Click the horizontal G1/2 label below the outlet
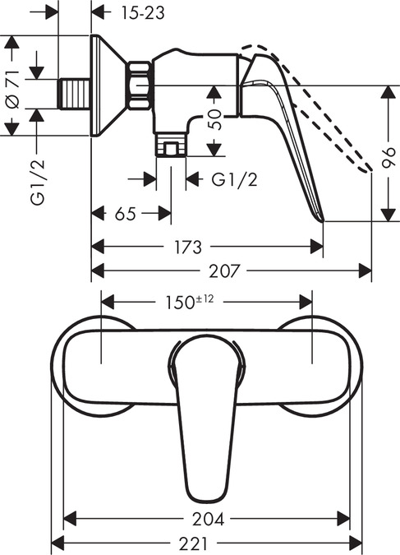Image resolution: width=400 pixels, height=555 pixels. [x=234, y=179]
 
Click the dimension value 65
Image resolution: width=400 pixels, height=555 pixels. [x=125, y=215]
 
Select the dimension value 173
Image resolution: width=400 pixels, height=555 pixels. [x=206, y=246]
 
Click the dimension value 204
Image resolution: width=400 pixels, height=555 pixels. [x=207, y=519]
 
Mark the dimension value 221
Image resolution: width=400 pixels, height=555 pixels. [x=207, y=543]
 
